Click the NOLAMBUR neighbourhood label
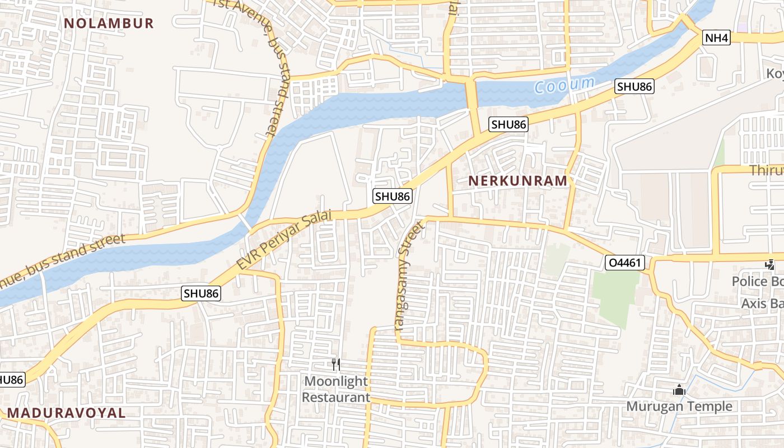(x=109, y=24)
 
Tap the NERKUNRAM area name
(x=518, y=181)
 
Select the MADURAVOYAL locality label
(x=67, y=413)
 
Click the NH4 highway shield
(x=717, y=38)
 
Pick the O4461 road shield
(x=625, y=263)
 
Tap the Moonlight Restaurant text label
(x=336, y=389)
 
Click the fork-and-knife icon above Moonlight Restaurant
(x=336, y=365)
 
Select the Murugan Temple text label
(x=679, y=407)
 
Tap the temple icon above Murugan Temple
(x=679, y=390)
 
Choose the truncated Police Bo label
(x=758, y=281)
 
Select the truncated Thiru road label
(x=766, y=171)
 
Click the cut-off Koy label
(x=774, y=74)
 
